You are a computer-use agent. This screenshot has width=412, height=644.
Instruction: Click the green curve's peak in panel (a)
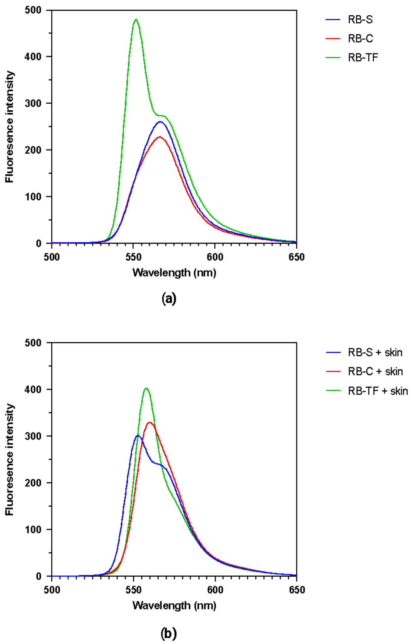click(136, 20)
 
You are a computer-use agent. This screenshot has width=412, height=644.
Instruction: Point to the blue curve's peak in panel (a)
click(160, 121)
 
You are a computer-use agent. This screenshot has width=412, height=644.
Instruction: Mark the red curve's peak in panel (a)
click(159, 137)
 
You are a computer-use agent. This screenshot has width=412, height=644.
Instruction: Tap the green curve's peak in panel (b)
click(146, 388)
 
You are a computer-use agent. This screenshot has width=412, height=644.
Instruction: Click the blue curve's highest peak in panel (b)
click(138, 435)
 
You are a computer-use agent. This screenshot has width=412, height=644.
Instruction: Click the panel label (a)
click(169, 299)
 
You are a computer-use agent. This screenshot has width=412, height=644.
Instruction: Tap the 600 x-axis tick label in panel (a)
click(215, 257)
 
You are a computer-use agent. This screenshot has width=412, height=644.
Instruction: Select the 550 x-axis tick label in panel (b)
click(134, 590)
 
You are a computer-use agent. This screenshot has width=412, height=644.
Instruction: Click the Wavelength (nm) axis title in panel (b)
click(174, 605)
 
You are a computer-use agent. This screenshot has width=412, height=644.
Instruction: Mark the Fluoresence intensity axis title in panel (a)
click(10, 127)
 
